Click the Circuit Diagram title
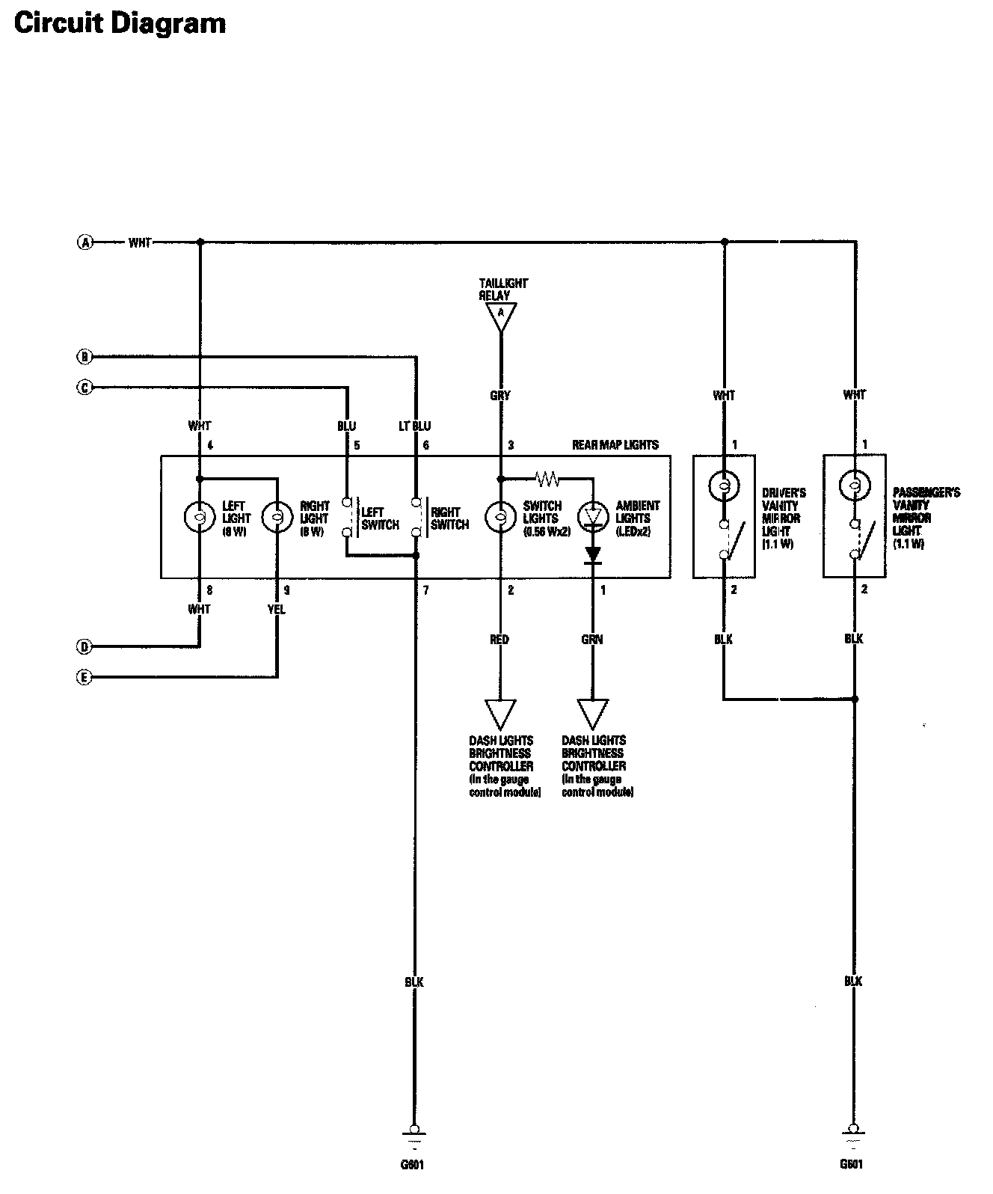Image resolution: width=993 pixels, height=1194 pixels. click(x=120, y=23)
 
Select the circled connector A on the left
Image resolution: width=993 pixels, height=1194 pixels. click(x=86, y=242)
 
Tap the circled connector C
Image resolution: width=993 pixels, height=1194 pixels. click(x=85, y=388)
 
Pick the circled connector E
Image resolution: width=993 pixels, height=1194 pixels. click(x=85, y=678)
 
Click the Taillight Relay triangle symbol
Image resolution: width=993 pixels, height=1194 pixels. click(x=501, y=316)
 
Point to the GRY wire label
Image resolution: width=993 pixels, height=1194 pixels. click(x=500, y=395)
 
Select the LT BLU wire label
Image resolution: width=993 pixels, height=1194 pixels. click(x=415, y=426)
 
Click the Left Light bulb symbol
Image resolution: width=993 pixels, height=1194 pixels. click(x=200, y=517)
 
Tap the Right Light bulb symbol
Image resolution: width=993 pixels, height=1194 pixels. click(x=277, y=517)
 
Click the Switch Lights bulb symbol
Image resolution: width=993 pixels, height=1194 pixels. click(x=500, y=517)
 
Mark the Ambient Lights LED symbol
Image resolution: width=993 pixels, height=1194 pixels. click(x=592, y=516)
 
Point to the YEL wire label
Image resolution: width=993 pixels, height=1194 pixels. click(x=277, y=609)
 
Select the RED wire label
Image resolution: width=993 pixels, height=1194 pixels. click(x=499, y=639)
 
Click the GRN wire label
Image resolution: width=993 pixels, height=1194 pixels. click(x=592, y=639)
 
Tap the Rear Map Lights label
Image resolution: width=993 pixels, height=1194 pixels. click(x=615, y=445)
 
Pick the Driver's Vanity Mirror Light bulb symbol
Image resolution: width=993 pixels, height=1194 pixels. click(x=723, y=486)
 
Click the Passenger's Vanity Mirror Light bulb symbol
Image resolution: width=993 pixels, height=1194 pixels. click(x=854, y=486)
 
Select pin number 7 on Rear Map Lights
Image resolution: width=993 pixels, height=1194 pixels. click(x=425, y=590)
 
